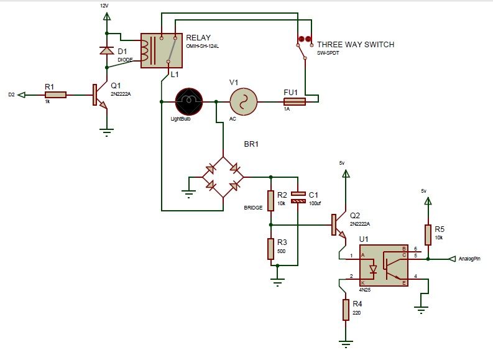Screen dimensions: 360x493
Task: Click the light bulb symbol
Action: click(x=189, y=101)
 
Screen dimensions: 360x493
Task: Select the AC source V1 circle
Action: click(x=243, y=101)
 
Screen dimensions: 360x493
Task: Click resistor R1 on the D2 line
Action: click(x=56, y=95)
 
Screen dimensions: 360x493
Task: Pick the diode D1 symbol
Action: click(x=106, y=50)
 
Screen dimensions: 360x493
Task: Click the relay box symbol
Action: click(x=162, y=50)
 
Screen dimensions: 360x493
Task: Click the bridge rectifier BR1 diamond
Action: click(x=223, y=177)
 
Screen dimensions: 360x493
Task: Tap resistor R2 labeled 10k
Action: click(x=271, y=200)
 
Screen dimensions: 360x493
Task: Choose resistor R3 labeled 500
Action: click(x=271, y=249)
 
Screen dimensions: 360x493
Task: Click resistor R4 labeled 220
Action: click(x=346, y=310)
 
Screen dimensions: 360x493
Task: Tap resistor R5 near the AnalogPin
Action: click(x=427, y=235)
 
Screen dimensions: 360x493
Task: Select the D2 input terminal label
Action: click(x=11, y=95)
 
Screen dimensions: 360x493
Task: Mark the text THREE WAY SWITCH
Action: click(x=356, y=45)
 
